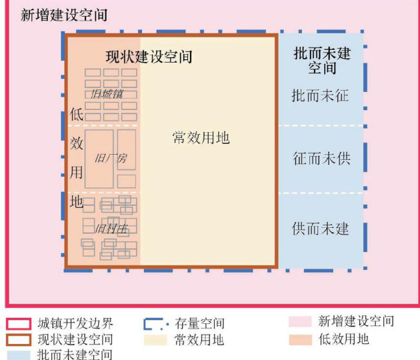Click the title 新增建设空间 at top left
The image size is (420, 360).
click(x=64, y=15)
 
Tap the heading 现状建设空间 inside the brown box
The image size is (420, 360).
click(x=149, y=57)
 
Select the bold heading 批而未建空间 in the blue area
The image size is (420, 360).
click(x=322, y=60)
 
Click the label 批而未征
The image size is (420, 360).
click(x=320, y=96)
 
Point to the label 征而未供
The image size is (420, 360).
click(x=321, y=159)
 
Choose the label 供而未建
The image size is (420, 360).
click(x=321, y=229)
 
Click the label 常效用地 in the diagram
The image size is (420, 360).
click(x=201, y=138)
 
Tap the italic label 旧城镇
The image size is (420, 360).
click(x=107, y=94)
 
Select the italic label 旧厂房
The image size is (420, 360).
click(x=110, y=159)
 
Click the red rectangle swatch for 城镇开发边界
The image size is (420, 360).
click(x=19, y=324)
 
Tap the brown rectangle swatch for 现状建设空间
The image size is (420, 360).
click(x=19, y=339)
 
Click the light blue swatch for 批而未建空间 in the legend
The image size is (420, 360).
click(x=19, y=355)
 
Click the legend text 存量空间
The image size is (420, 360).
click(x=200, y=324)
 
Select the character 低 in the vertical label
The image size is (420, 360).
click(x=77, y=114)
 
